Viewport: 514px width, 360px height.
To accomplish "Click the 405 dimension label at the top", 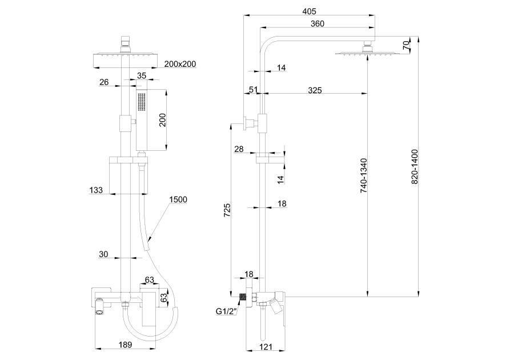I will pos(308,11).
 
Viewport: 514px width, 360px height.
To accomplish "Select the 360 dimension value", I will pos(318,23).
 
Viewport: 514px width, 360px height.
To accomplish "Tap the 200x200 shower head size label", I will pos(180,64).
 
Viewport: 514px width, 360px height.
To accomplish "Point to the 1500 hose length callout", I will pos(178,199).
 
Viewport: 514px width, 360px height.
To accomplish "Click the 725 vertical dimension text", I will pos(226,211).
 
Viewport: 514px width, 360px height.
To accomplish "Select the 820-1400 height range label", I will pos(415,166).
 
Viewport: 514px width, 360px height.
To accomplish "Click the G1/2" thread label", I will pos(227,311).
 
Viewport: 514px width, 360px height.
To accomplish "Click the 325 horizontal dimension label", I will pos(315,90).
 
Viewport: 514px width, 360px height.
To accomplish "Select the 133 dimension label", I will pos(96,190).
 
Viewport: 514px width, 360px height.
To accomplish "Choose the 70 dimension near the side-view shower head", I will pos(406,45).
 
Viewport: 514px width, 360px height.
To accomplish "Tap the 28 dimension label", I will pos(239,149).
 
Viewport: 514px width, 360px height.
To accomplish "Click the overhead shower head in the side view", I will pos(366,54).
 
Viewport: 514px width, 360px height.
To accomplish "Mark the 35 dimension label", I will pos(141,75).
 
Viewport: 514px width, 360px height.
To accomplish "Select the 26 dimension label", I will pos(104,82).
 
